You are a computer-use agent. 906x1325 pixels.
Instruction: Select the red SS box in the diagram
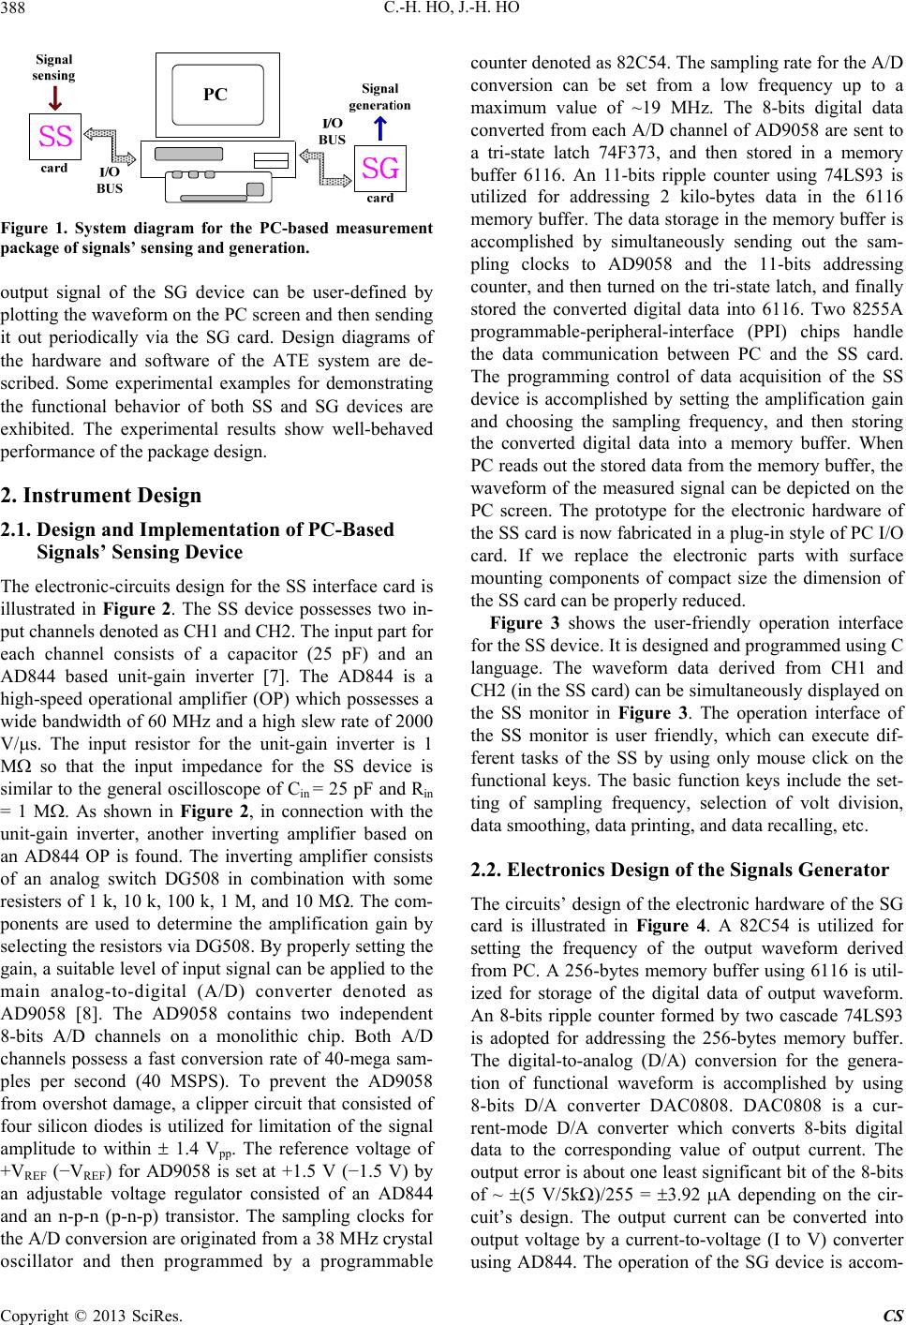(x=56, y=138)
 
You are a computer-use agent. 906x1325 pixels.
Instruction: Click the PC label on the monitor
(x=216, y=94)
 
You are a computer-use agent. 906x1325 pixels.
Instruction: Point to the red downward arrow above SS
(x=55, y=97)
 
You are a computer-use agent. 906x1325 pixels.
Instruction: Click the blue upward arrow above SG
(x=379, y=127)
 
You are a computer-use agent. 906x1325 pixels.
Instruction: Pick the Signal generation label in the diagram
(x=379, y=97)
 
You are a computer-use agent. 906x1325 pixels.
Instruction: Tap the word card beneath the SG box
(x=379, y=199)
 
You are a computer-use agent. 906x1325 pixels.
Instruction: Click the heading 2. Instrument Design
(x=101, y=495)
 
